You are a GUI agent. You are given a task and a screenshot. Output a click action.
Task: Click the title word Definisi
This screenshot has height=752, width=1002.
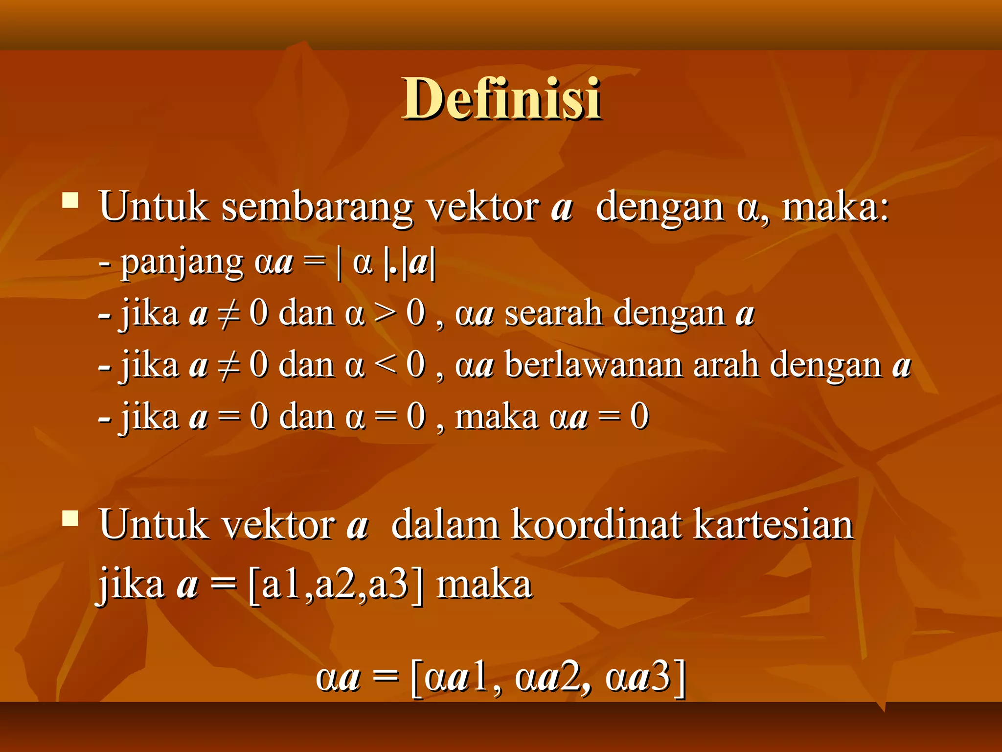501,99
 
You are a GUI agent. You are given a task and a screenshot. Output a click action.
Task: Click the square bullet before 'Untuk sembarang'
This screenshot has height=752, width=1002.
70,201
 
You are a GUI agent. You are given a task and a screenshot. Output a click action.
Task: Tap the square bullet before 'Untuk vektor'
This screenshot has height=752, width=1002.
70,518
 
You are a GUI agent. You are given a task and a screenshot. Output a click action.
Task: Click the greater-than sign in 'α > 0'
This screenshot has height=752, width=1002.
385,314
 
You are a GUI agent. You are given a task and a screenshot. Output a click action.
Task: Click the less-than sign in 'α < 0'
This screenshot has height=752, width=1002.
385,366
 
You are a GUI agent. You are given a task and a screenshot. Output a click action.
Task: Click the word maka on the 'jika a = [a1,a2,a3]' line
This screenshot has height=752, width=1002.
484,586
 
